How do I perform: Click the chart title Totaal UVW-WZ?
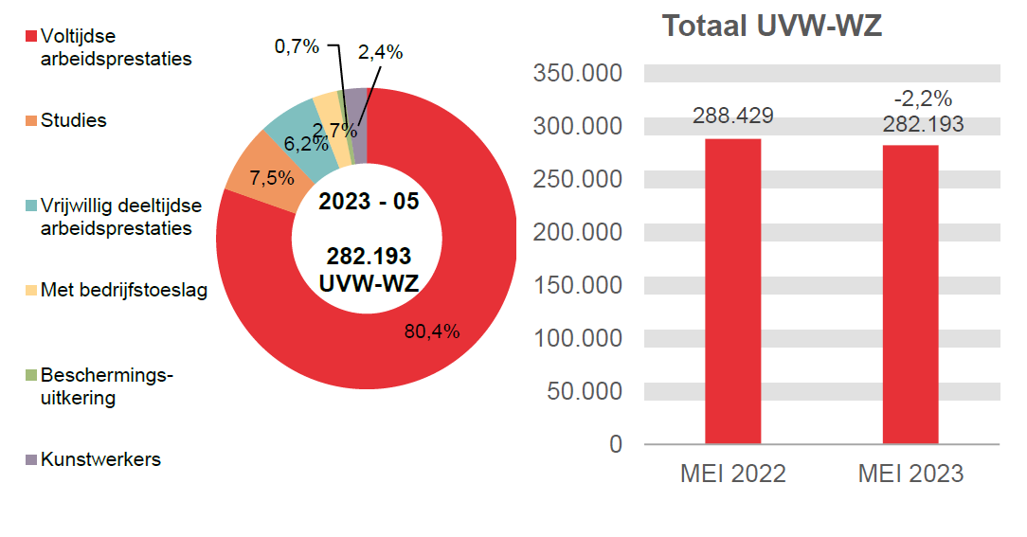point(771,27)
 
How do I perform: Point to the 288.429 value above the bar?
point(732,116)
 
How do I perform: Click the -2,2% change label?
point(923,98)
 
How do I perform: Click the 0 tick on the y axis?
point(616,444)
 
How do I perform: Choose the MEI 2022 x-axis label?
point(732,474)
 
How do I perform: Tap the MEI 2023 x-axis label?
point(910,474)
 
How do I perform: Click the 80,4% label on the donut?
point(431,331)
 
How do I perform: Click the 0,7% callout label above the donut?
point(297,46)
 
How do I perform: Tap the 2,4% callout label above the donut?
point(380,53)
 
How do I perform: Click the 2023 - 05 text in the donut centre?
point(368,202)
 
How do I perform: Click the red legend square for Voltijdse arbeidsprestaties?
point(30,37)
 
